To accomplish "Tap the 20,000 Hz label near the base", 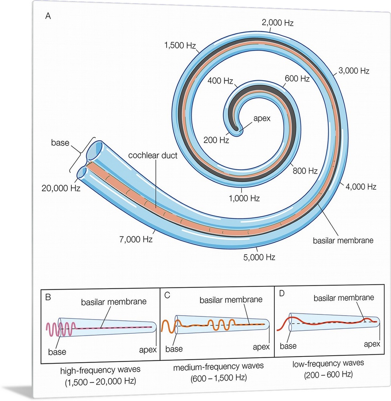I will coord(61,188).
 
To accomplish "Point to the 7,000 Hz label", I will coord(135,239).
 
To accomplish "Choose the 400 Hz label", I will coord(220,81).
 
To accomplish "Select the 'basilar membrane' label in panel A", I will coord(343,241).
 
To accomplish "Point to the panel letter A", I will coord(48,16).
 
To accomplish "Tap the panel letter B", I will coord(48,298).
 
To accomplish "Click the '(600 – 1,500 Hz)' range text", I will coord(216,378).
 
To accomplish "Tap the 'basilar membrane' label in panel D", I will coord(344,298).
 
